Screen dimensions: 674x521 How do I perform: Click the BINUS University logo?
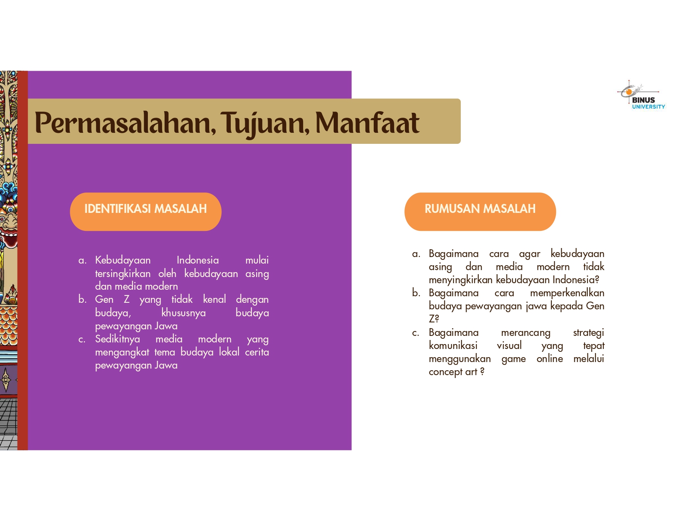coord(641,95)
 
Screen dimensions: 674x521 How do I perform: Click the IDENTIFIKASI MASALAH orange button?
coord(145,211)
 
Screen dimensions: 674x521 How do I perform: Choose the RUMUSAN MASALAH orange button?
coord(480,211)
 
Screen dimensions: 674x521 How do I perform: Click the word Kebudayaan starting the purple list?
coord(123,260)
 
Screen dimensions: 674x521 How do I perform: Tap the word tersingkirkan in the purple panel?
coord(123,273)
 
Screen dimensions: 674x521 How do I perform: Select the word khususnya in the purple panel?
coord(183,313)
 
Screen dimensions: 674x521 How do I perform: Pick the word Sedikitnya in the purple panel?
coord(117,339)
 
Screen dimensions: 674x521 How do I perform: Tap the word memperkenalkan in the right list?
coord(567,293)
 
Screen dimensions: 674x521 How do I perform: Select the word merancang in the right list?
coord(525,333)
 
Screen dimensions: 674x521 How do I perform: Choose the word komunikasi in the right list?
coord(453,345)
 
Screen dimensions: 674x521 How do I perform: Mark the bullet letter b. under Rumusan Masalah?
coord(416,293)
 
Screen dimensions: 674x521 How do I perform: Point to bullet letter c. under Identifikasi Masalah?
coord(82,339)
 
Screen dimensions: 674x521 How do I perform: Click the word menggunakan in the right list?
coord(460,359)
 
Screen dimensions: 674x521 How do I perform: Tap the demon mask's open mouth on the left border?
coord(10,239)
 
